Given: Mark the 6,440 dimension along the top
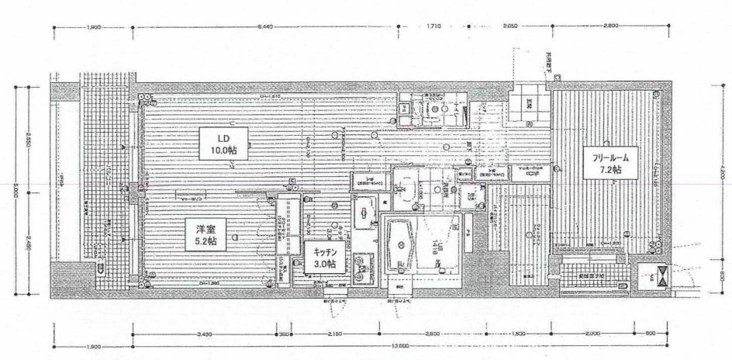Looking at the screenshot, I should point(268,28).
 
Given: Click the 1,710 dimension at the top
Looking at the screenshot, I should point(433,28).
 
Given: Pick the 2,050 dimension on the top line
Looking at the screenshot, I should point(509,28).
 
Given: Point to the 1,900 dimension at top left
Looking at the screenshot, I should point(94,28).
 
